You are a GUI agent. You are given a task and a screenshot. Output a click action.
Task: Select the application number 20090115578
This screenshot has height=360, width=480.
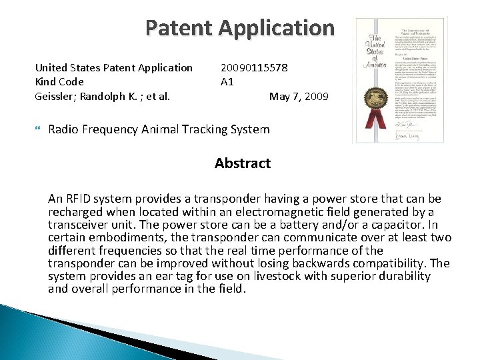(x=254, y=67)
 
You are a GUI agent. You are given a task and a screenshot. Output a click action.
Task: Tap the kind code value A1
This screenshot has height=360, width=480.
(x=227, y=82)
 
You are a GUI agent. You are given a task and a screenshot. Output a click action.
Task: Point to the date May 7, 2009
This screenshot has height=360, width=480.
(x=299, y=96)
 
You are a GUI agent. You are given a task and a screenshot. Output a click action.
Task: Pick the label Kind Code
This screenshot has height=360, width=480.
(x=59, y=82)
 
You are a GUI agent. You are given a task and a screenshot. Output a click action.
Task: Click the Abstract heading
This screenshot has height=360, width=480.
(x=243, y=163)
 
